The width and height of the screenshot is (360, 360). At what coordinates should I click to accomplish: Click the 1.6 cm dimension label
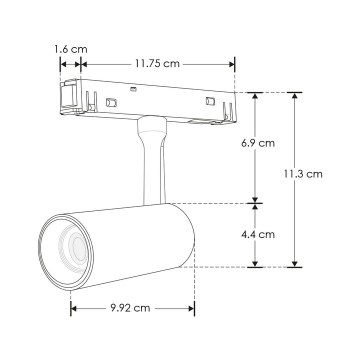pyautogui.click(x=70, y=49)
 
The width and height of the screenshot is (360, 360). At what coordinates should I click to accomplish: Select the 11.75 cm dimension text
pyautogui.click(x=156, y=63)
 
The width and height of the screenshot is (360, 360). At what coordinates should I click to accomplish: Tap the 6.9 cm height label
pyautogui.click(x=257, y=143)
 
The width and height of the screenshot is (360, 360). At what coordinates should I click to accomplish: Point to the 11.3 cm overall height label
pyautogui.click(x=303, y=174)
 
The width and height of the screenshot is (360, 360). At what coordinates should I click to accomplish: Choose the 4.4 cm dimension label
pyautogui.click(x=257, y=233)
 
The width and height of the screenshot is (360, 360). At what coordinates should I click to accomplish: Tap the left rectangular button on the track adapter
pyautogui.click(x=110, y=102)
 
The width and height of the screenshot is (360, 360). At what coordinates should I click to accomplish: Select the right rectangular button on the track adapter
pyautogui.click(x=209, y=101)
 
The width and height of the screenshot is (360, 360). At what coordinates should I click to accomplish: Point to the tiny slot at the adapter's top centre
pyautogui.click(x=133, y=89)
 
